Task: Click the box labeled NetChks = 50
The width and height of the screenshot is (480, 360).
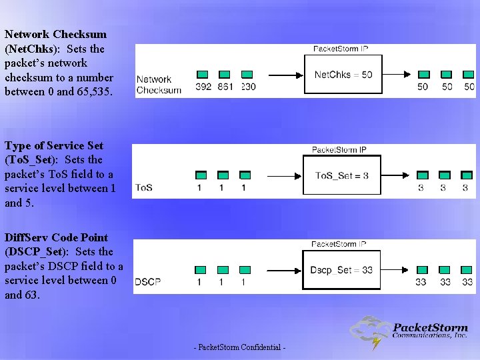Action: pos(343,75)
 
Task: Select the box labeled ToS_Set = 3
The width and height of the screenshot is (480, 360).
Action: pos(342,176)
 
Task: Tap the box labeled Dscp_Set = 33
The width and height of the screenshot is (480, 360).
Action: pos(343,270)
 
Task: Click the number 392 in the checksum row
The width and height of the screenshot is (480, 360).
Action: pos(203,87)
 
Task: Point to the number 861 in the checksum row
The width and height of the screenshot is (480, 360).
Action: pos(225,87)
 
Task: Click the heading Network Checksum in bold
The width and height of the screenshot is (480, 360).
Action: pos(55,34)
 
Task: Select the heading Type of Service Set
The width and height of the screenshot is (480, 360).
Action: pos(54,145)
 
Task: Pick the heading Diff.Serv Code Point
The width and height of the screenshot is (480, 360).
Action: pos(56,237)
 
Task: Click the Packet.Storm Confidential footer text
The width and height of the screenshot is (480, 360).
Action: pos(239,348)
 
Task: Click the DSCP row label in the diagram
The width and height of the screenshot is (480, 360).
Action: pos(148,282)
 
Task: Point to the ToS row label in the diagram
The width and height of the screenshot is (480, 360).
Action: pos(143,188)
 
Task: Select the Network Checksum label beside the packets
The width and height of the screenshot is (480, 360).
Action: pos(158,85)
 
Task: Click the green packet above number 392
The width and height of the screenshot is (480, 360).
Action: pos(203,75)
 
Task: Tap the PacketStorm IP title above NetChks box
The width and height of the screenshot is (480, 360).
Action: pos(341,49)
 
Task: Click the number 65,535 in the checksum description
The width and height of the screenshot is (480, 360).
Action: pos(93,92)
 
